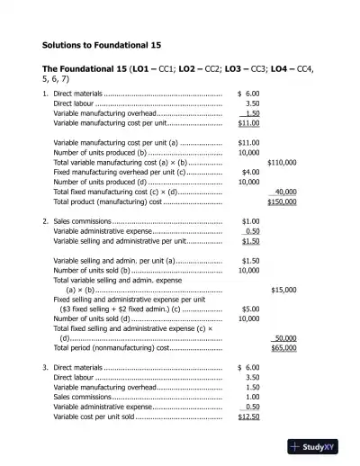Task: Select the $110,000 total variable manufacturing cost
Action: click(x=283, y=162)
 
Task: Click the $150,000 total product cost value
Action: click(x=283, y=202)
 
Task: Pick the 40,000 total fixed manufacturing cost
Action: click(x=285, y=192)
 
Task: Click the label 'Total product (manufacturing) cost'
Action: click(x=107, y=202)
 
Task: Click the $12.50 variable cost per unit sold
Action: click(x=248, y=417)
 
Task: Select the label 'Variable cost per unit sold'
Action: click(x=94, y=417)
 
